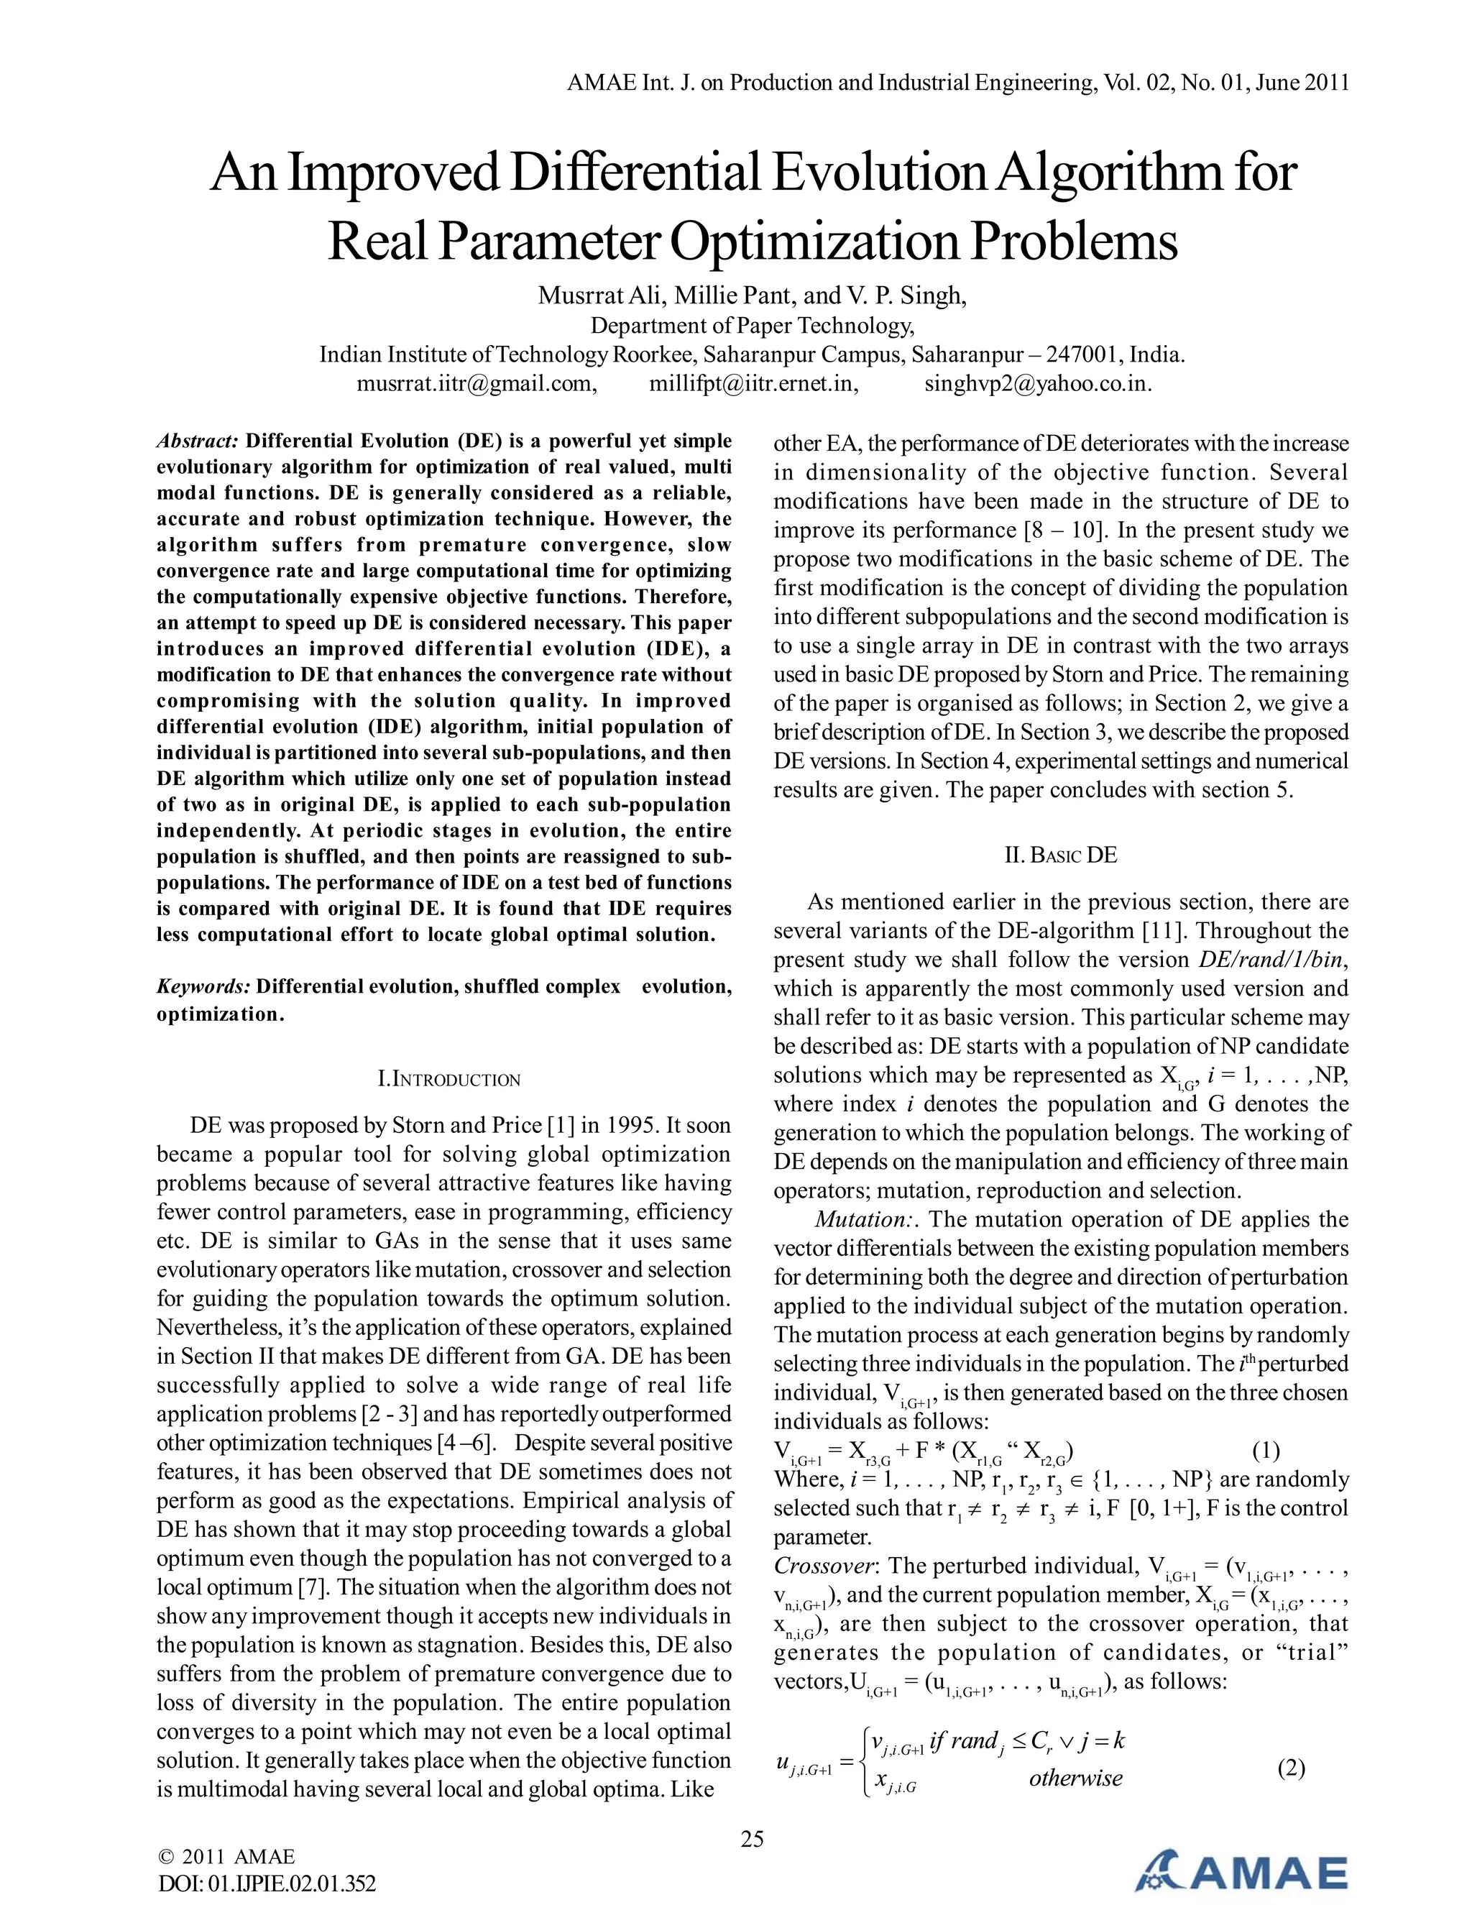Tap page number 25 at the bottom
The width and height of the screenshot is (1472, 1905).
[x=751, y=1839]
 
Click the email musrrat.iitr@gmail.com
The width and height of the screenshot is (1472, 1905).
[x=476, y=384]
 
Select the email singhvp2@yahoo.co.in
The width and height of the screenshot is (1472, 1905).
[x=1038, y=384]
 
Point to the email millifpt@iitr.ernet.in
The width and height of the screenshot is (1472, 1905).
[x=753, y=384]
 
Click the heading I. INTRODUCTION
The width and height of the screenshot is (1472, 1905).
[x=449, y=1080]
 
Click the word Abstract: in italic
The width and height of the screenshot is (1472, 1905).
[x=197, y=441]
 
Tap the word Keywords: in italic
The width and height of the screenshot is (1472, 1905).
[x=203, y=986]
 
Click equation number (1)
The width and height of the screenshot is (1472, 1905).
[x=1265, y=1451]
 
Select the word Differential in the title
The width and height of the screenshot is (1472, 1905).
[x=635, y=173]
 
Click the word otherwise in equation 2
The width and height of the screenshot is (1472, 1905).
[x=1075, y=1778]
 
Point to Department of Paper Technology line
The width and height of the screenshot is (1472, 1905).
[x=753, y=326]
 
